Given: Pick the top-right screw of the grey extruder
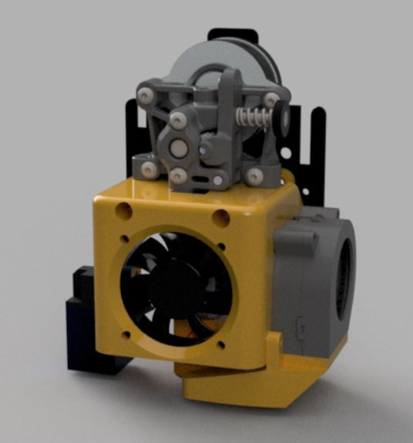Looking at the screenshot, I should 271,98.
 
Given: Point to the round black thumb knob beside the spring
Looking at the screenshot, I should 282,119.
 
